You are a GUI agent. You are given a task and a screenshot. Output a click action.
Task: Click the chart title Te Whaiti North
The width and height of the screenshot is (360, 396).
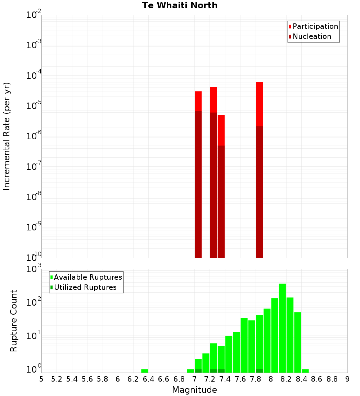point(180,5)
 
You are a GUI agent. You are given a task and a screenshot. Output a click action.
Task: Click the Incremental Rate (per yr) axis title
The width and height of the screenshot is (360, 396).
point(7,136)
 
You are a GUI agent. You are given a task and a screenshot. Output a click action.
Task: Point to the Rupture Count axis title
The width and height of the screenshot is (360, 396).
point(14,321)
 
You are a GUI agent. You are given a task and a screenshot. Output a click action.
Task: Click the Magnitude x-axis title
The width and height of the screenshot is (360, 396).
point(194,390)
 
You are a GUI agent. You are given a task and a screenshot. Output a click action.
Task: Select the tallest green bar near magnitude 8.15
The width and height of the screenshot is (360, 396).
point(282,328)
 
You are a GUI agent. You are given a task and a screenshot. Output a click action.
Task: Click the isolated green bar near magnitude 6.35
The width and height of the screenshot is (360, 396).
point(145,371)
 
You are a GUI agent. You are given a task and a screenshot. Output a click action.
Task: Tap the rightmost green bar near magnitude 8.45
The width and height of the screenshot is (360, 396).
point(305,371)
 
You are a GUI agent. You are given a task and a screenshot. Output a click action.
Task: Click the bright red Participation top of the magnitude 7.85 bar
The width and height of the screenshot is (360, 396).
point(259,104)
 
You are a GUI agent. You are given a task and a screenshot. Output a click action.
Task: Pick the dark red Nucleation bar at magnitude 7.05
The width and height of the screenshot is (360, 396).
point(198,184)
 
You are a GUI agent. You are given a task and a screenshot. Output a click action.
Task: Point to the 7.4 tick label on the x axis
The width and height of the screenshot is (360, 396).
point(225,379)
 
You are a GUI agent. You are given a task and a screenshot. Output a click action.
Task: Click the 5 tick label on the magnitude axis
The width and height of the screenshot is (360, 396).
point(41,379)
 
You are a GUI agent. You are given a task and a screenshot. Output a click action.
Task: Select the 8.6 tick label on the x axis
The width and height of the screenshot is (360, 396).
point(317,379)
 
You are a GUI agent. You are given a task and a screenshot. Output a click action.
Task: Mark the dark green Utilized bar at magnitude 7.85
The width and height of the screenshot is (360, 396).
point(259,371)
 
